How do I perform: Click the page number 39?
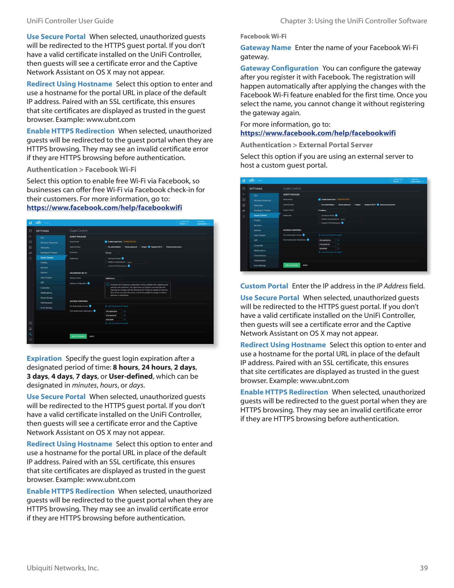click(424, 568)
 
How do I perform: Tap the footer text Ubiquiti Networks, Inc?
click(63, 568)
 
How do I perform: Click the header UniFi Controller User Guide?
click(70, 21)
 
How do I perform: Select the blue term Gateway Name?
click(265, 48)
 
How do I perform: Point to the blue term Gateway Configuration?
click(279, 68)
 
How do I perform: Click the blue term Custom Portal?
click(264, 286)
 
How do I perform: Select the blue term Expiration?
click(44, 358)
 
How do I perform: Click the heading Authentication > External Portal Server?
click(306, 145)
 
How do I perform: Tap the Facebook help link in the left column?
click(104, 208)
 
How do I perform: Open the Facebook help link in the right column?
click(318, 133)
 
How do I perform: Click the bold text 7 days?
click(86, 376)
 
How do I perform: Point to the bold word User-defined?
click(131, 376)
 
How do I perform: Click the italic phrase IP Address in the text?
click(392, 286)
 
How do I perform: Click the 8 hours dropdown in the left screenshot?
click(112, 253)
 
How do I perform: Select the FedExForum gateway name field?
click(113, 278)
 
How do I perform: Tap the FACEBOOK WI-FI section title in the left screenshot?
click(78, 273)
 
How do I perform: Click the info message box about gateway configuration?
click(138, 290)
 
